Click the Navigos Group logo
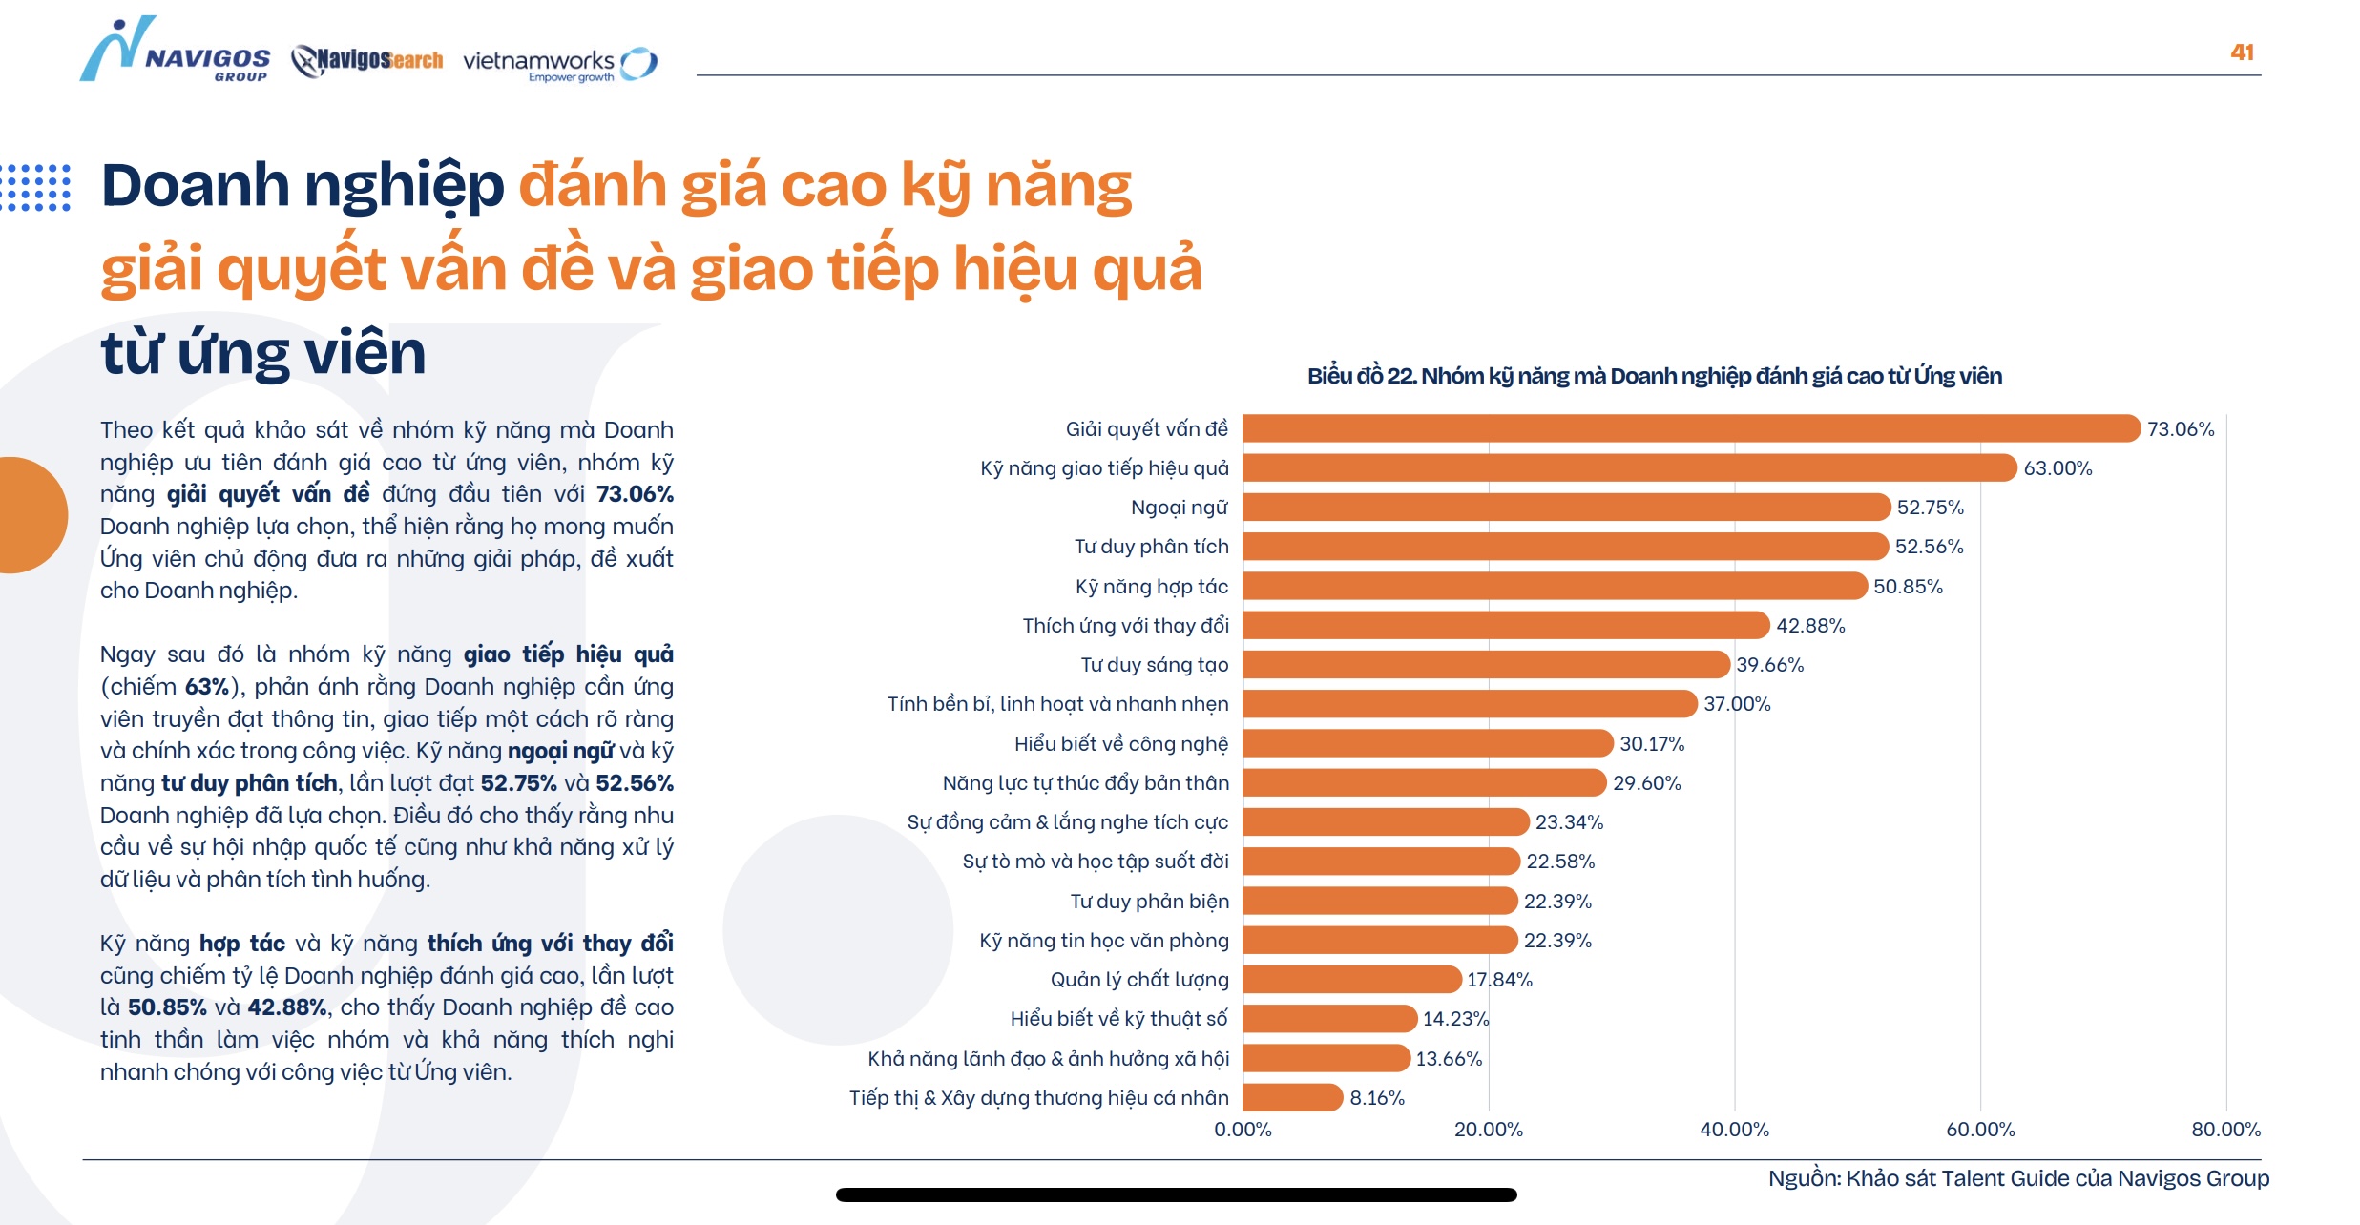click(x=175, y=52)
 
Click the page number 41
click(x=2242, y=52)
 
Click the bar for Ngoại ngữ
click(x=1565, y=507)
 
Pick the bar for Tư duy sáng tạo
click(x=1485, y=664)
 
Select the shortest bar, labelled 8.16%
click(x=1292, y=1097)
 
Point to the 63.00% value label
click(x=2057, y=468)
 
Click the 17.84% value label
click(x=1499, y=980)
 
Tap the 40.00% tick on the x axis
click(x=1734, y=1130)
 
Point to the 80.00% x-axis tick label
click(x=2225, y=1130)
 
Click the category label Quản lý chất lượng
click(x=1139, y=980)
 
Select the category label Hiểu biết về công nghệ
click(x=1121, y=744)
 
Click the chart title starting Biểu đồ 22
click(x=1654, y=376)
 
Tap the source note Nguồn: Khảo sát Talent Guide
click(x=2018, y=1178)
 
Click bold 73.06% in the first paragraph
click(x=635, y=494)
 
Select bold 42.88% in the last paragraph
click(x=286, y=1007)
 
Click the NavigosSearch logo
click(x=368, y=60)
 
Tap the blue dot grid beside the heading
click(x=36, y=187)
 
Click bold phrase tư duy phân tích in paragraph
click(x=249, y=783)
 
